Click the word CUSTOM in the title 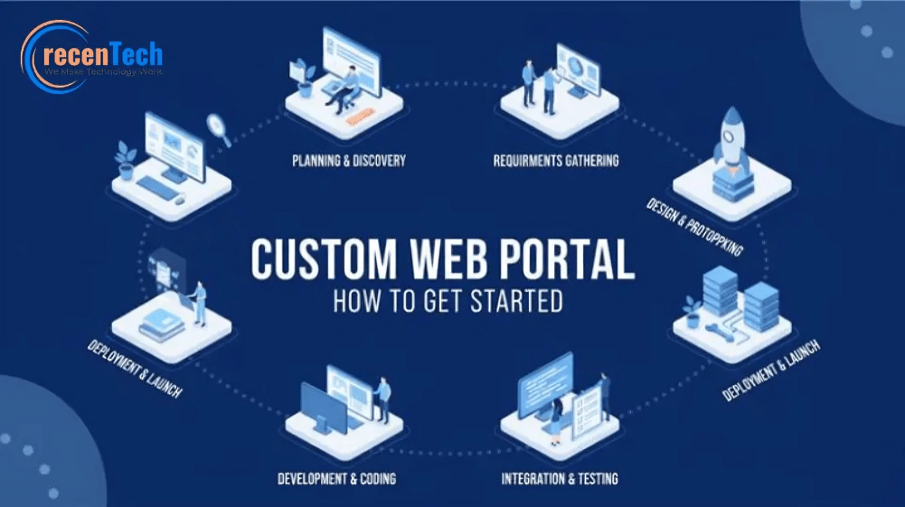point(325,259)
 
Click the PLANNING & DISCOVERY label point(349,160)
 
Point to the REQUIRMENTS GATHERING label point(556,160)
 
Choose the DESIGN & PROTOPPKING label point(694,227)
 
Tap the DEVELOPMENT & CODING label point(336,479)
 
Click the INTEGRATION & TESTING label point(560,479)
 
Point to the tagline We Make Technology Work point(103,72)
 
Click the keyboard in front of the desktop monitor point(157,187)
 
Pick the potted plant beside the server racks point(692,312)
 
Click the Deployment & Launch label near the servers point(771,371)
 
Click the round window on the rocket point(731,136)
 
